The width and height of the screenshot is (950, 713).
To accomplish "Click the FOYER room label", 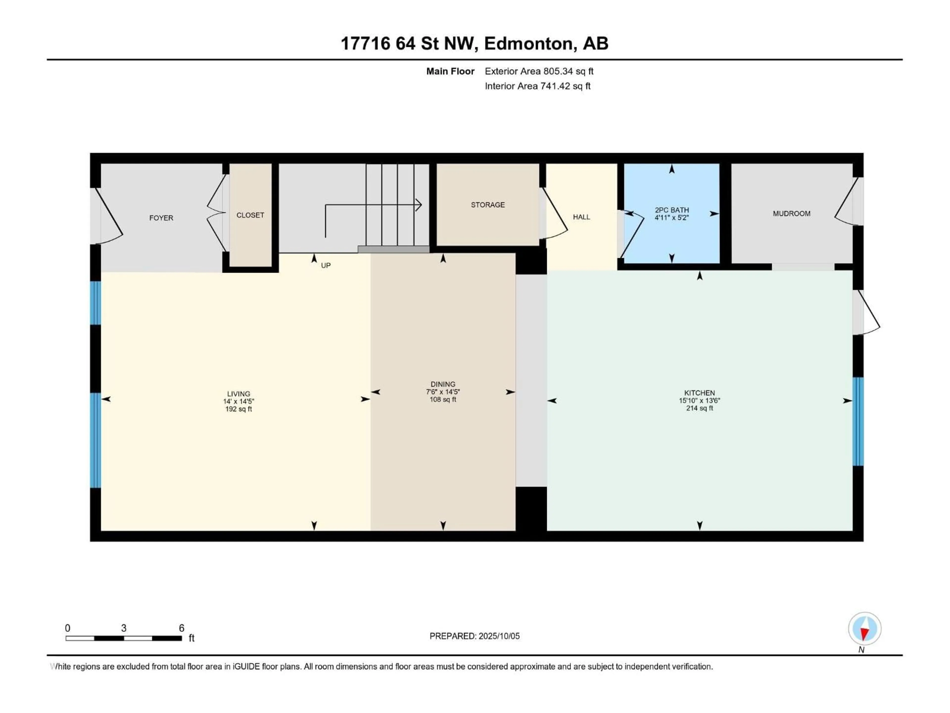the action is [x=161, y=218].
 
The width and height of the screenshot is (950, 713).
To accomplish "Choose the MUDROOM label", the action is [x=791, y=214].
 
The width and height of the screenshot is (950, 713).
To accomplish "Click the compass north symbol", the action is [x=865, y=629].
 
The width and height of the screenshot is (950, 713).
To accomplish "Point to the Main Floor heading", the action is [x=450, y=71].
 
